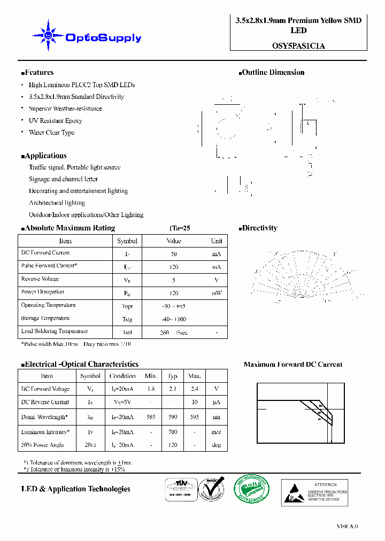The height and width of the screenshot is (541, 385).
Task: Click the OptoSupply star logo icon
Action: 48,36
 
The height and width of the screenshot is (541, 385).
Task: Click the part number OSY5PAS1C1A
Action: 298,46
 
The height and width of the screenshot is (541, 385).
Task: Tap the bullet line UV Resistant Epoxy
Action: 55,121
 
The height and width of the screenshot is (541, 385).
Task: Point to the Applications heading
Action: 44,156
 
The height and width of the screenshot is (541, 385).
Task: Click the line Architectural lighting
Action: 57,203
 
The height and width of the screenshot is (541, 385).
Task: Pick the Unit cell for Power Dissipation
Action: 216,293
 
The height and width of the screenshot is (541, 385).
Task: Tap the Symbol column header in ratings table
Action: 127,241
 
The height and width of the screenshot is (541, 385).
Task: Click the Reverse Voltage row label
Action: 40,279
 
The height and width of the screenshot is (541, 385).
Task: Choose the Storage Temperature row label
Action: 45,319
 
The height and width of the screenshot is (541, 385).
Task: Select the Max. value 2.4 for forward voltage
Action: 195,389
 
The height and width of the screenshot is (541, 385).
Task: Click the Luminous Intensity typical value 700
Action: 173,432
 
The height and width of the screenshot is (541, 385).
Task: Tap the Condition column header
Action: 122,376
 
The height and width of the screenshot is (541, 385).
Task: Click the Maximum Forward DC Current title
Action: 293,365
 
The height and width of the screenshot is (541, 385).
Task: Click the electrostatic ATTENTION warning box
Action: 314,492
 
